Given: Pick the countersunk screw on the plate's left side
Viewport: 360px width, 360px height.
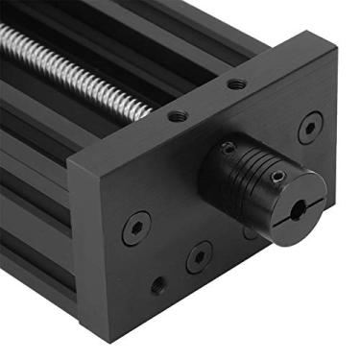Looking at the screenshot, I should click(135, 229).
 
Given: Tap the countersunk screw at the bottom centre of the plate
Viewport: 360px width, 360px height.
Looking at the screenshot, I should click(199, 256).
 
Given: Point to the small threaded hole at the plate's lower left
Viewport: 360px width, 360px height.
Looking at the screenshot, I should click(157, 285).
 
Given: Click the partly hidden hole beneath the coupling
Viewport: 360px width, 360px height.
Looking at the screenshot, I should click(252, 233).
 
